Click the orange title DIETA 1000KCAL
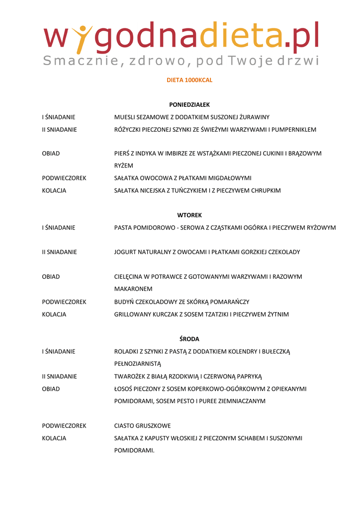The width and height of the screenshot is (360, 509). click(x=189, y=80)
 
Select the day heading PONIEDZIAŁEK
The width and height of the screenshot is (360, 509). click(x=189, y=105)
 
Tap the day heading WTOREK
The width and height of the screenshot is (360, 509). click(x=189, y=215)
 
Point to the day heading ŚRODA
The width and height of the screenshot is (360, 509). click(x=189, y=339)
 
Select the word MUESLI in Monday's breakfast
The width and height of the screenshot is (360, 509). click(x=124, y=117)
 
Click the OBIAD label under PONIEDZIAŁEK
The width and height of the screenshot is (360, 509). click(x=51, y=154)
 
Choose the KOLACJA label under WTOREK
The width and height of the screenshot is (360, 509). click(x=54, y=314)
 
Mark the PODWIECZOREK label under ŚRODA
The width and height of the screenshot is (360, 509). click(x=64, y=426)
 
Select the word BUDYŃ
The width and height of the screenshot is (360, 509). click(x=124, y=302)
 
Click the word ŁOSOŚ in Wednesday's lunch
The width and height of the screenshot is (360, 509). click(x=124, y=389)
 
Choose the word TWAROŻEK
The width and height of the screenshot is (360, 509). click(x=130, y=376)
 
